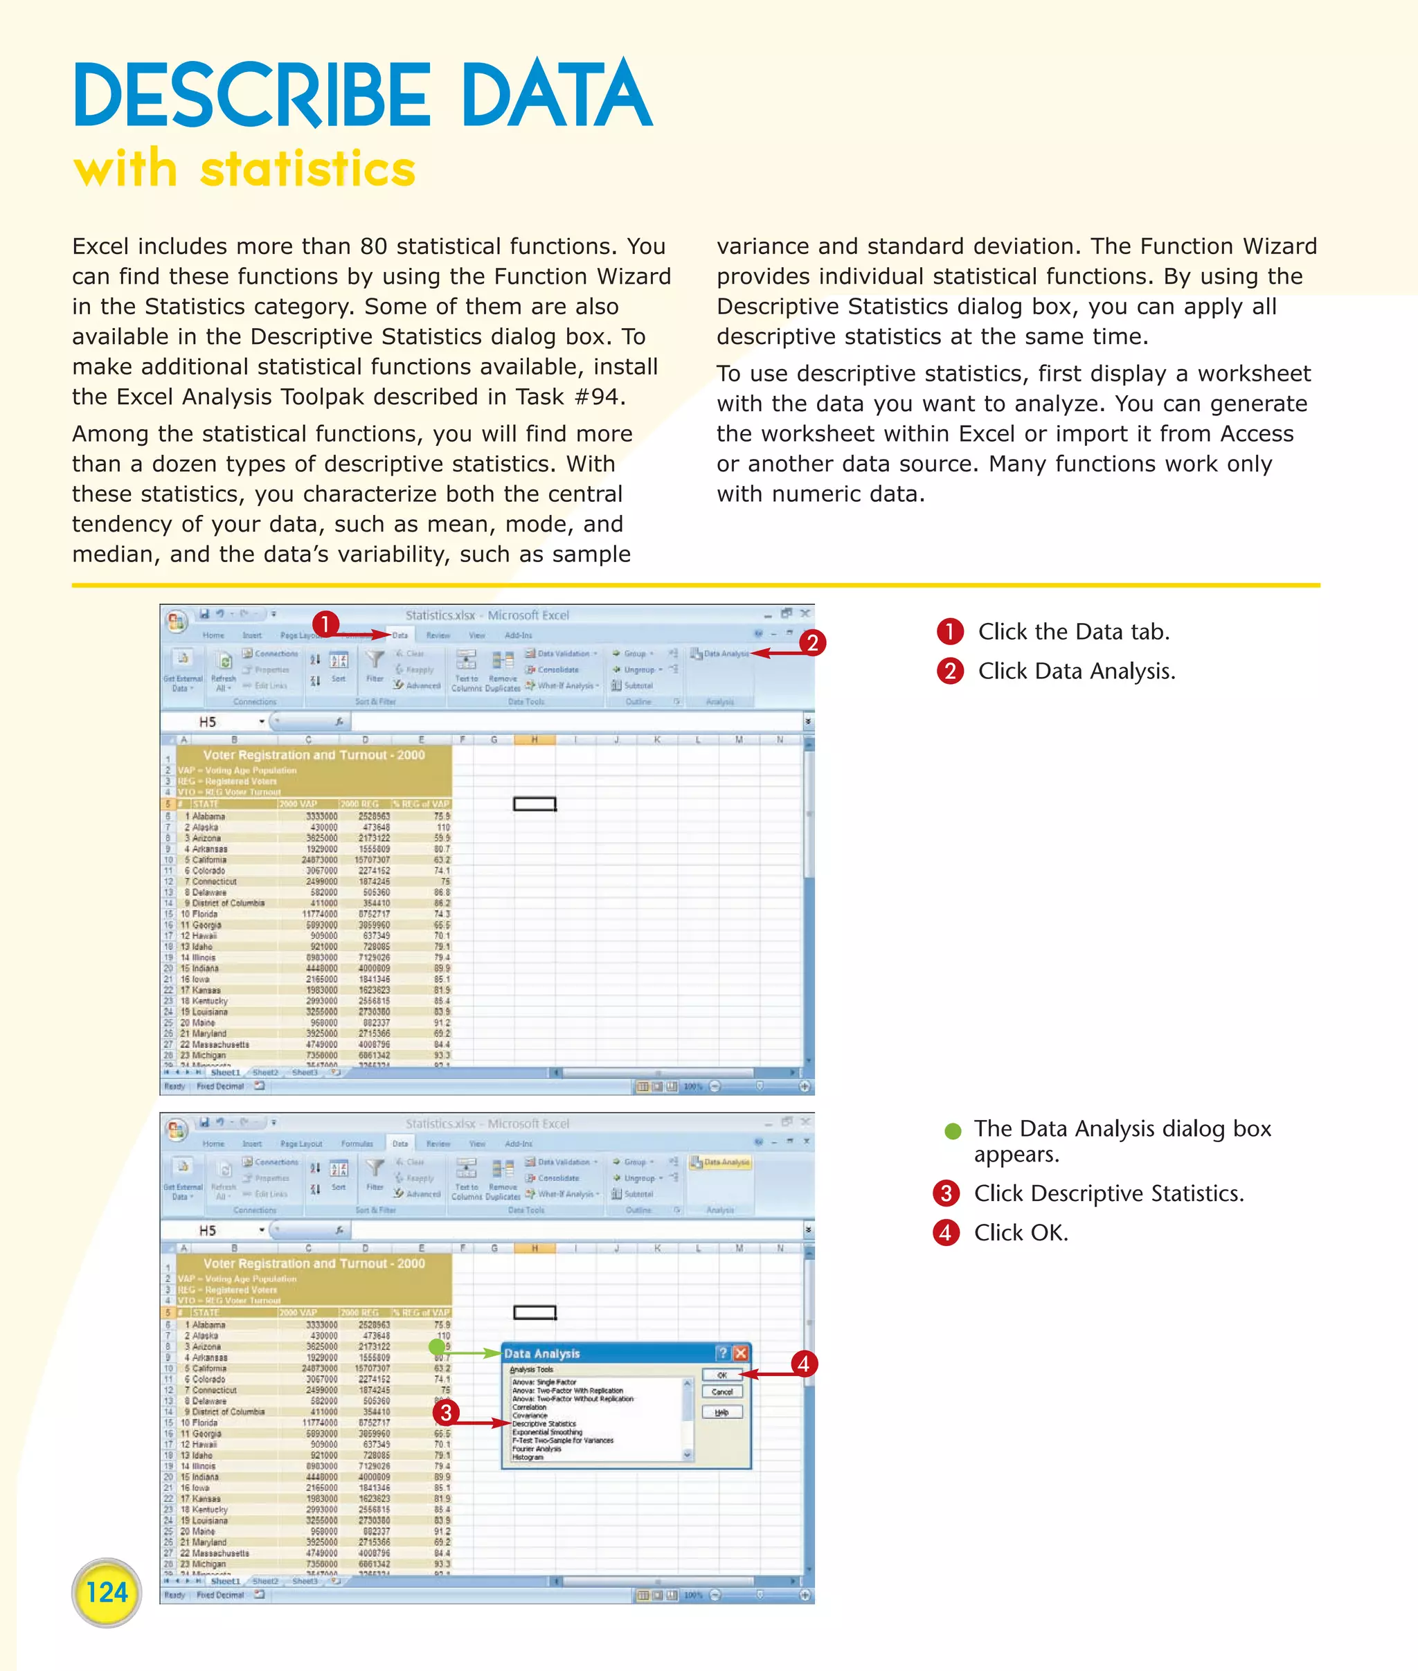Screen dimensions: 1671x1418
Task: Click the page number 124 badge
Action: click(x=106, y=1591)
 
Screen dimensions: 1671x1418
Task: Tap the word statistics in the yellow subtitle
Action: click(x=307, y=170)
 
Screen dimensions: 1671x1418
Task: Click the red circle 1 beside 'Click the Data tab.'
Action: click(x=949, y=632)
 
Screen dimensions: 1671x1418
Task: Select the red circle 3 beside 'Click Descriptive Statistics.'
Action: click(x=946, y=1193)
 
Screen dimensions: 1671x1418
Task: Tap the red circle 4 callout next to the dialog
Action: click(x=803, y=1363)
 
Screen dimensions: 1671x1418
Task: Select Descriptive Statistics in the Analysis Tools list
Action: click(x=544, y=1423)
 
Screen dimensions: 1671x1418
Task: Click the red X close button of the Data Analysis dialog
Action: click(x=740, y=1353)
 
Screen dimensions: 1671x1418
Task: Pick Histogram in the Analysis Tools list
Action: click(x=528, y=1456)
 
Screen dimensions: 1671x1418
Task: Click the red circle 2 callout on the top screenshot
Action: click(x=812, y=643)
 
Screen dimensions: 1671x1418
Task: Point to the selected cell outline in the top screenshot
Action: click(x=535, y=804)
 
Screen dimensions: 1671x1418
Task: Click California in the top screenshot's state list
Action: click(x=209, y=860)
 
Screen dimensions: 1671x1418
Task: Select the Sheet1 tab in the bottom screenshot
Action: click(x=225, y=1581)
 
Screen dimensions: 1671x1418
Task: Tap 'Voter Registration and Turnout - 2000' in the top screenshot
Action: click(x=314, y=755)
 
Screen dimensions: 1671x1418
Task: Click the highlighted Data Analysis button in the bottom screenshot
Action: click(x=721, y=1162)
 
